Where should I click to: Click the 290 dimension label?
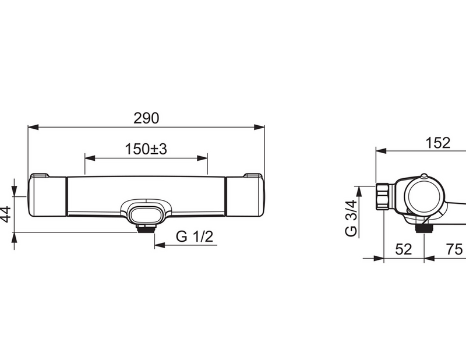coord(146,118)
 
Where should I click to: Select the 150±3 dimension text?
coord(146,149)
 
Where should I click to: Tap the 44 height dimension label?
coord(6,214)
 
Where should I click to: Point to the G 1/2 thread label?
coord(195,237)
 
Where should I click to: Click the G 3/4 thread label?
coord(351,218)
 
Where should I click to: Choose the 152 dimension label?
coord(438,143)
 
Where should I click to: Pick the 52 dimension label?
coord(404,249)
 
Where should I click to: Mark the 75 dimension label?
coord(454,249)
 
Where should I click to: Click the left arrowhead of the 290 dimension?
coord(33,127)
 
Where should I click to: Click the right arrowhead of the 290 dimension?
coord(259,127)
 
